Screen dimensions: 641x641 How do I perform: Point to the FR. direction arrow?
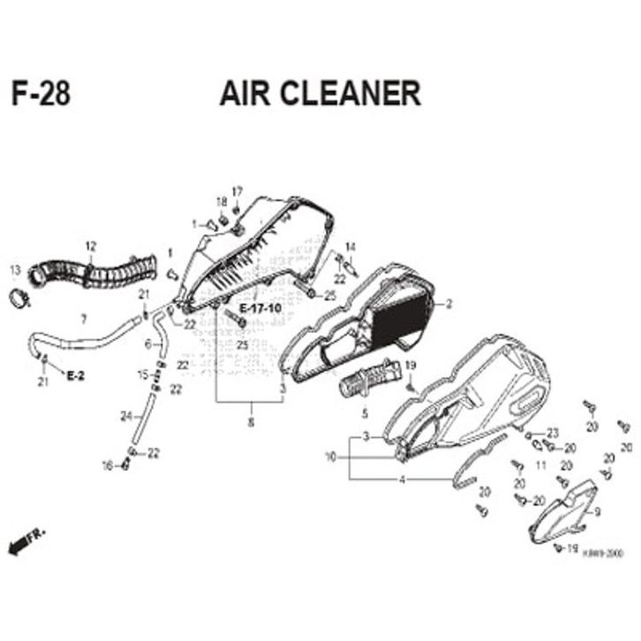tap(25, 541)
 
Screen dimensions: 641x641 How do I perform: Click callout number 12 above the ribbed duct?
tap(90, 245)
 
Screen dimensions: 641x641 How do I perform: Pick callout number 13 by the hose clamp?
tap(13, 269)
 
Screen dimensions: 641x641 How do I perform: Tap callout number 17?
tap(237, 192)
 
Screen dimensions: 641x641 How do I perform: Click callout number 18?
tap(221, 202)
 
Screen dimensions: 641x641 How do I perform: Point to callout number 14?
tap(350, 245)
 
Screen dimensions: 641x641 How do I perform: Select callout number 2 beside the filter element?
tap(449, 304)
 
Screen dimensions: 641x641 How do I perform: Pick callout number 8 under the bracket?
tap(251, 422)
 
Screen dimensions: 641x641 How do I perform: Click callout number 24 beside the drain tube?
tap(126, 416)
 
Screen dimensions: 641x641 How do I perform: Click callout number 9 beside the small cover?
tap(598, 512)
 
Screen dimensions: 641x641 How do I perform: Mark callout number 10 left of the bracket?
tap(330, 457)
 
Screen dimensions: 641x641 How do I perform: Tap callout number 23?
tap(554, 433)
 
